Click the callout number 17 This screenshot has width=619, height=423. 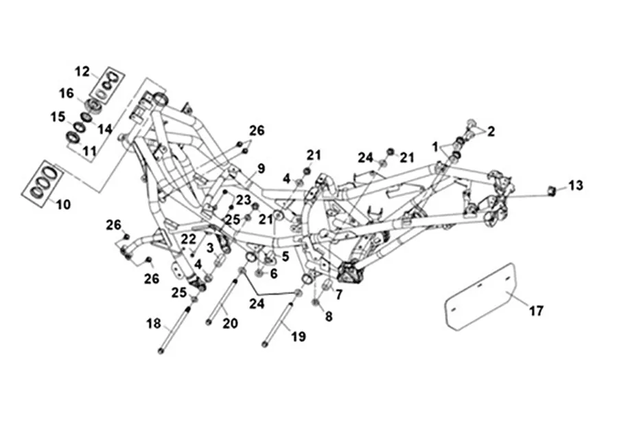pos(536,311)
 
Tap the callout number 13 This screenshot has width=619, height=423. pos(575,185)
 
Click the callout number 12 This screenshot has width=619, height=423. pos(82,70)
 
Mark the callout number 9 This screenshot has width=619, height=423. pos(261,168)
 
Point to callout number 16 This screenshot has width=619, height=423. pos(67,93)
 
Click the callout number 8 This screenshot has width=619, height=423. pos(329,317)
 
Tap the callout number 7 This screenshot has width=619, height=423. pos(338,294)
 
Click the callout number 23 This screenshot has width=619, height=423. pos(243,200)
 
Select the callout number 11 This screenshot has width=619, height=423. pos(89,150)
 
